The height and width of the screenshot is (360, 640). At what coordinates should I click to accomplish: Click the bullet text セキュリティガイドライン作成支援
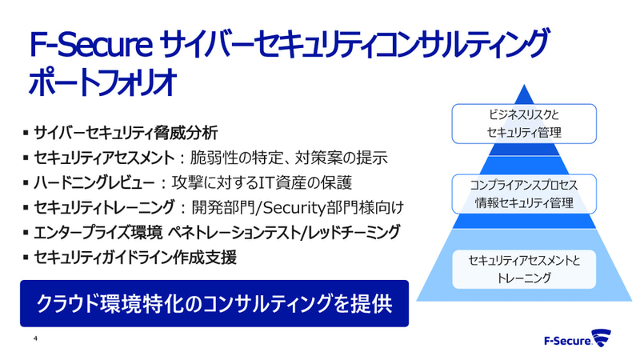pyautogui.click(x=136, y=258)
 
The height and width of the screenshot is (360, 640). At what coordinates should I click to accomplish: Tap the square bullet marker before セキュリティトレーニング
pyautogui.click(x=26, y=208)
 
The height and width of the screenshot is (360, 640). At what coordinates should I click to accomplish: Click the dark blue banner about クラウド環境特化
pyautogui.click(x=214, y=303)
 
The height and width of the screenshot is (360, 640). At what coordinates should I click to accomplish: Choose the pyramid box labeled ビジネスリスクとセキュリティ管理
pyautogui.click(x=525, y=123)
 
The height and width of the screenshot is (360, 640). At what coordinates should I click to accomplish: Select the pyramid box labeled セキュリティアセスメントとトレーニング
pyautogui.click(x=525, y=269)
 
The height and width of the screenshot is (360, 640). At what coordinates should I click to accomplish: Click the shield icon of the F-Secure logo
pyautogui.click(x=602, y=337)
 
